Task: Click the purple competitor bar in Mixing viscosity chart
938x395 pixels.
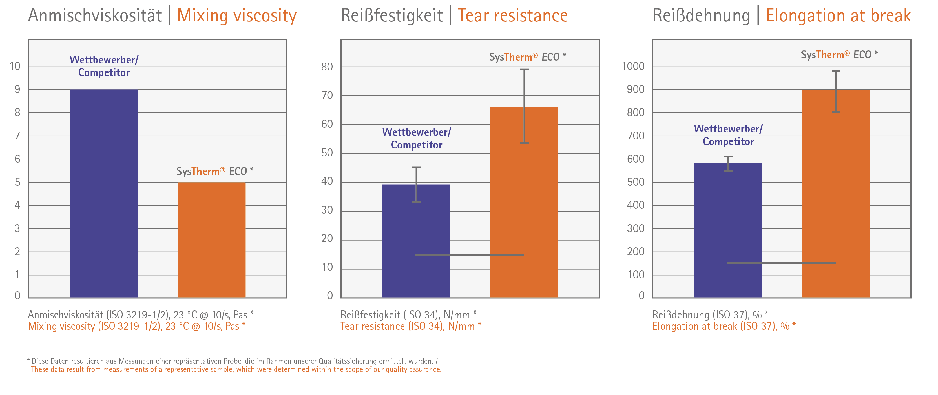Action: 104,193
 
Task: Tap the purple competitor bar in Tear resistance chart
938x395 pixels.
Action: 416,241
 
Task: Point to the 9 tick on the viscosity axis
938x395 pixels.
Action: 17,90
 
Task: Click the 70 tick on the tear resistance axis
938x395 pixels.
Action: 327,96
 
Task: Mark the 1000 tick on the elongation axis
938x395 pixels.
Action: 633,66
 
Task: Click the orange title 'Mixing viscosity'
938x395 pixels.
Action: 237,16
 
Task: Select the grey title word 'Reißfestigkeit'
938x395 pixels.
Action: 391,16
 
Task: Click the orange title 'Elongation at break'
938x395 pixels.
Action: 838,16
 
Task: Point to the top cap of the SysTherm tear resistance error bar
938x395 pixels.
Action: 524,70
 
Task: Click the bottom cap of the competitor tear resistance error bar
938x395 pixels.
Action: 416,201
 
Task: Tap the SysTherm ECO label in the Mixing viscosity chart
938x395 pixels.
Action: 214,171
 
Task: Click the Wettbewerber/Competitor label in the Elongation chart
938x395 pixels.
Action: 728,135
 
